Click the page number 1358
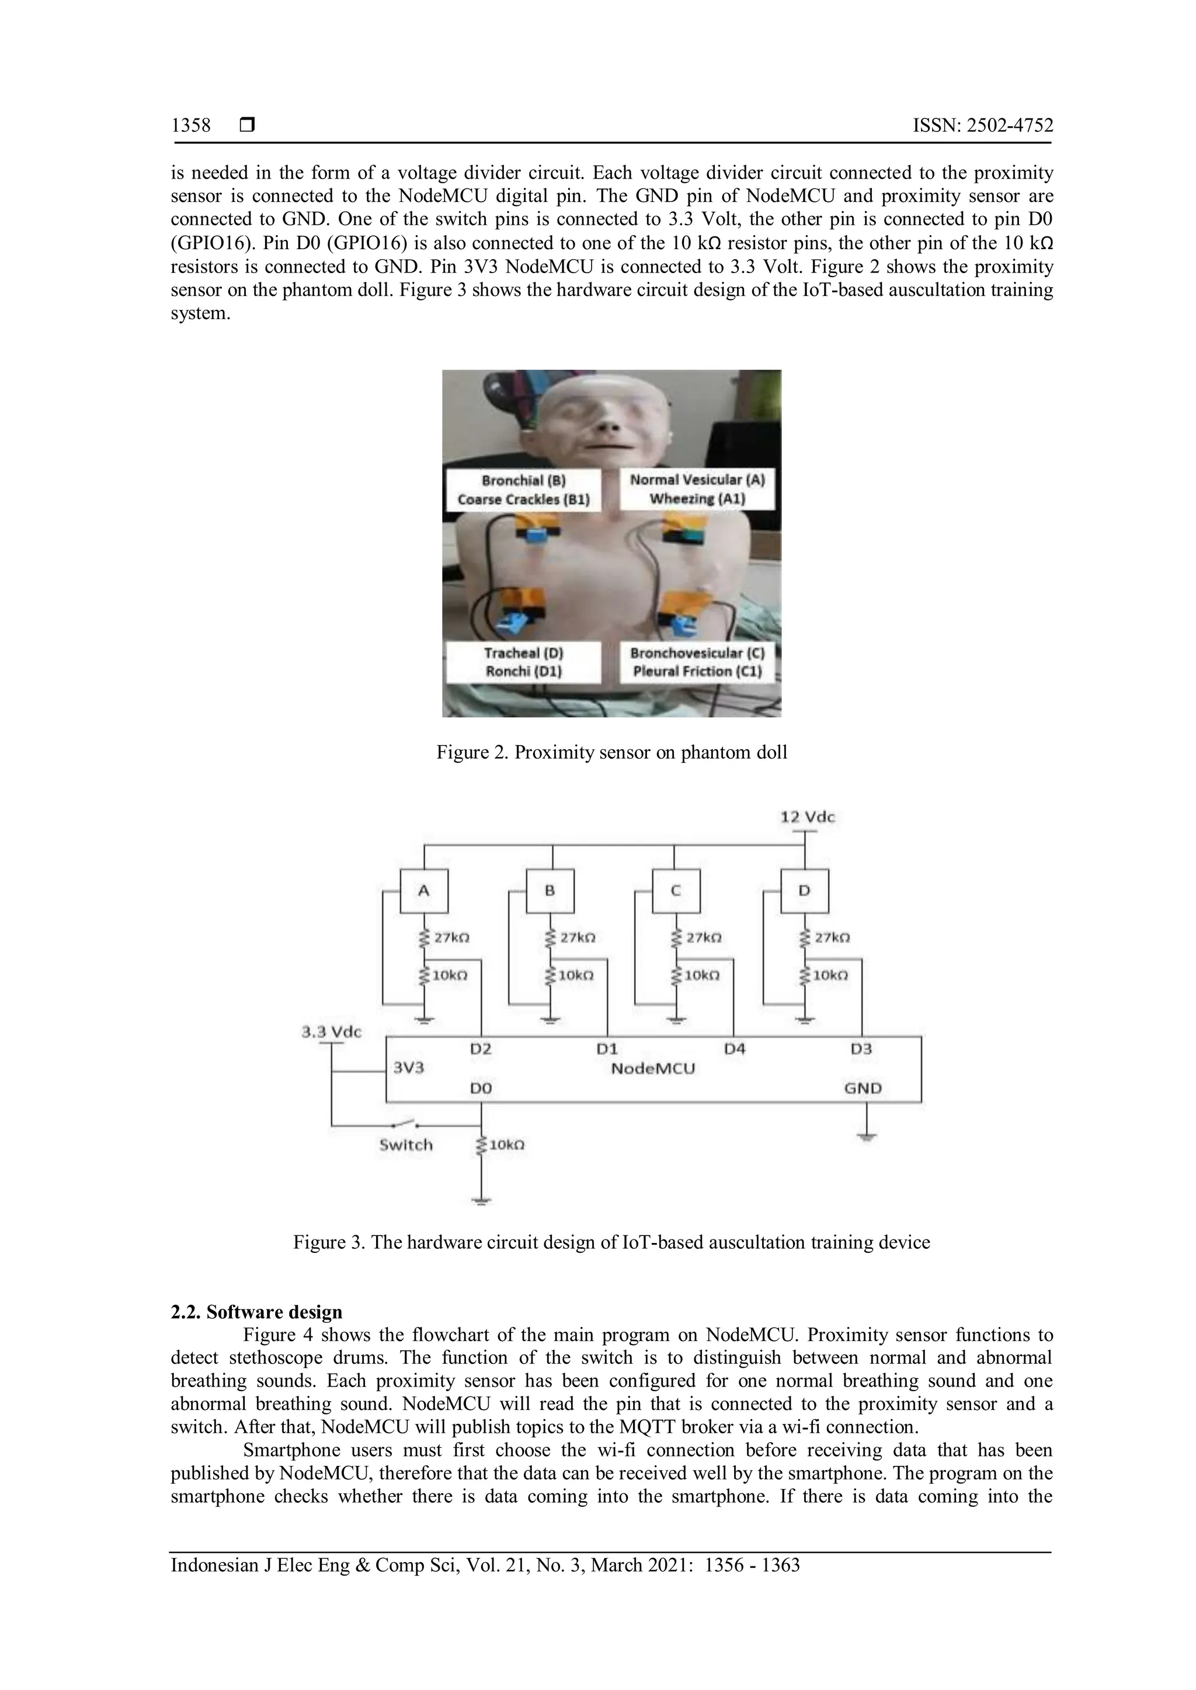191,126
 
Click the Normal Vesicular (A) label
697,480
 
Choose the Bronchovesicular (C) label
697,653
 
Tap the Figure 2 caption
611,752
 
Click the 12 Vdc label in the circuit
807,817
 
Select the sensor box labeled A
423,891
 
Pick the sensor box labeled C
675,891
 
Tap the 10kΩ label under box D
829,975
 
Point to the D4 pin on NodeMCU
734,1049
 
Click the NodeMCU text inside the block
652,1068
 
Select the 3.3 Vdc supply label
331,1032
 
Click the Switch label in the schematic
406,1144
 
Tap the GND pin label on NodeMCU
863,1088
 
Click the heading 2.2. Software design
256,1312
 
